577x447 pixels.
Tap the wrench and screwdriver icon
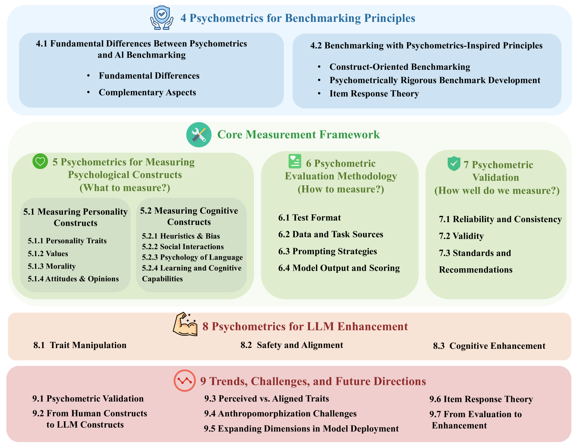click(199, 135)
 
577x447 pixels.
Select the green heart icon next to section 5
click(40, 161)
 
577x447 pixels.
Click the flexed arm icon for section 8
click(185, 325)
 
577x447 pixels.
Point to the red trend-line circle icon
click(184, 381)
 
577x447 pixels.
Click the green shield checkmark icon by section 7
click(454, 163)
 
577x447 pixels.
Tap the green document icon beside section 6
click(295, 161)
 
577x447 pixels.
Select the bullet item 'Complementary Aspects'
click(147, 92)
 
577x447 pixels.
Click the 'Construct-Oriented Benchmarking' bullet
click(400, 67)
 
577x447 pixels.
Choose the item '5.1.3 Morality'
click(52, 266)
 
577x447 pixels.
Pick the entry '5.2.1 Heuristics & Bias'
click(181, 236)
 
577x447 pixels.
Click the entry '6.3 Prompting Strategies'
click(327, 251)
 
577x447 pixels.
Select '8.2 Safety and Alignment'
click(292, 345)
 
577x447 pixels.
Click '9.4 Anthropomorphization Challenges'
click(280, 413)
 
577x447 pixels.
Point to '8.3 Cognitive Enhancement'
click(489, 346)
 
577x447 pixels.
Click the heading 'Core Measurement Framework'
click(298, 135)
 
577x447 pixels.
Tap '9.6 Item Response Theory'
click(481, 399)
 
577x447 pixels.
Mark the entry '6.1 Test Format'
click(309, 218)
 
